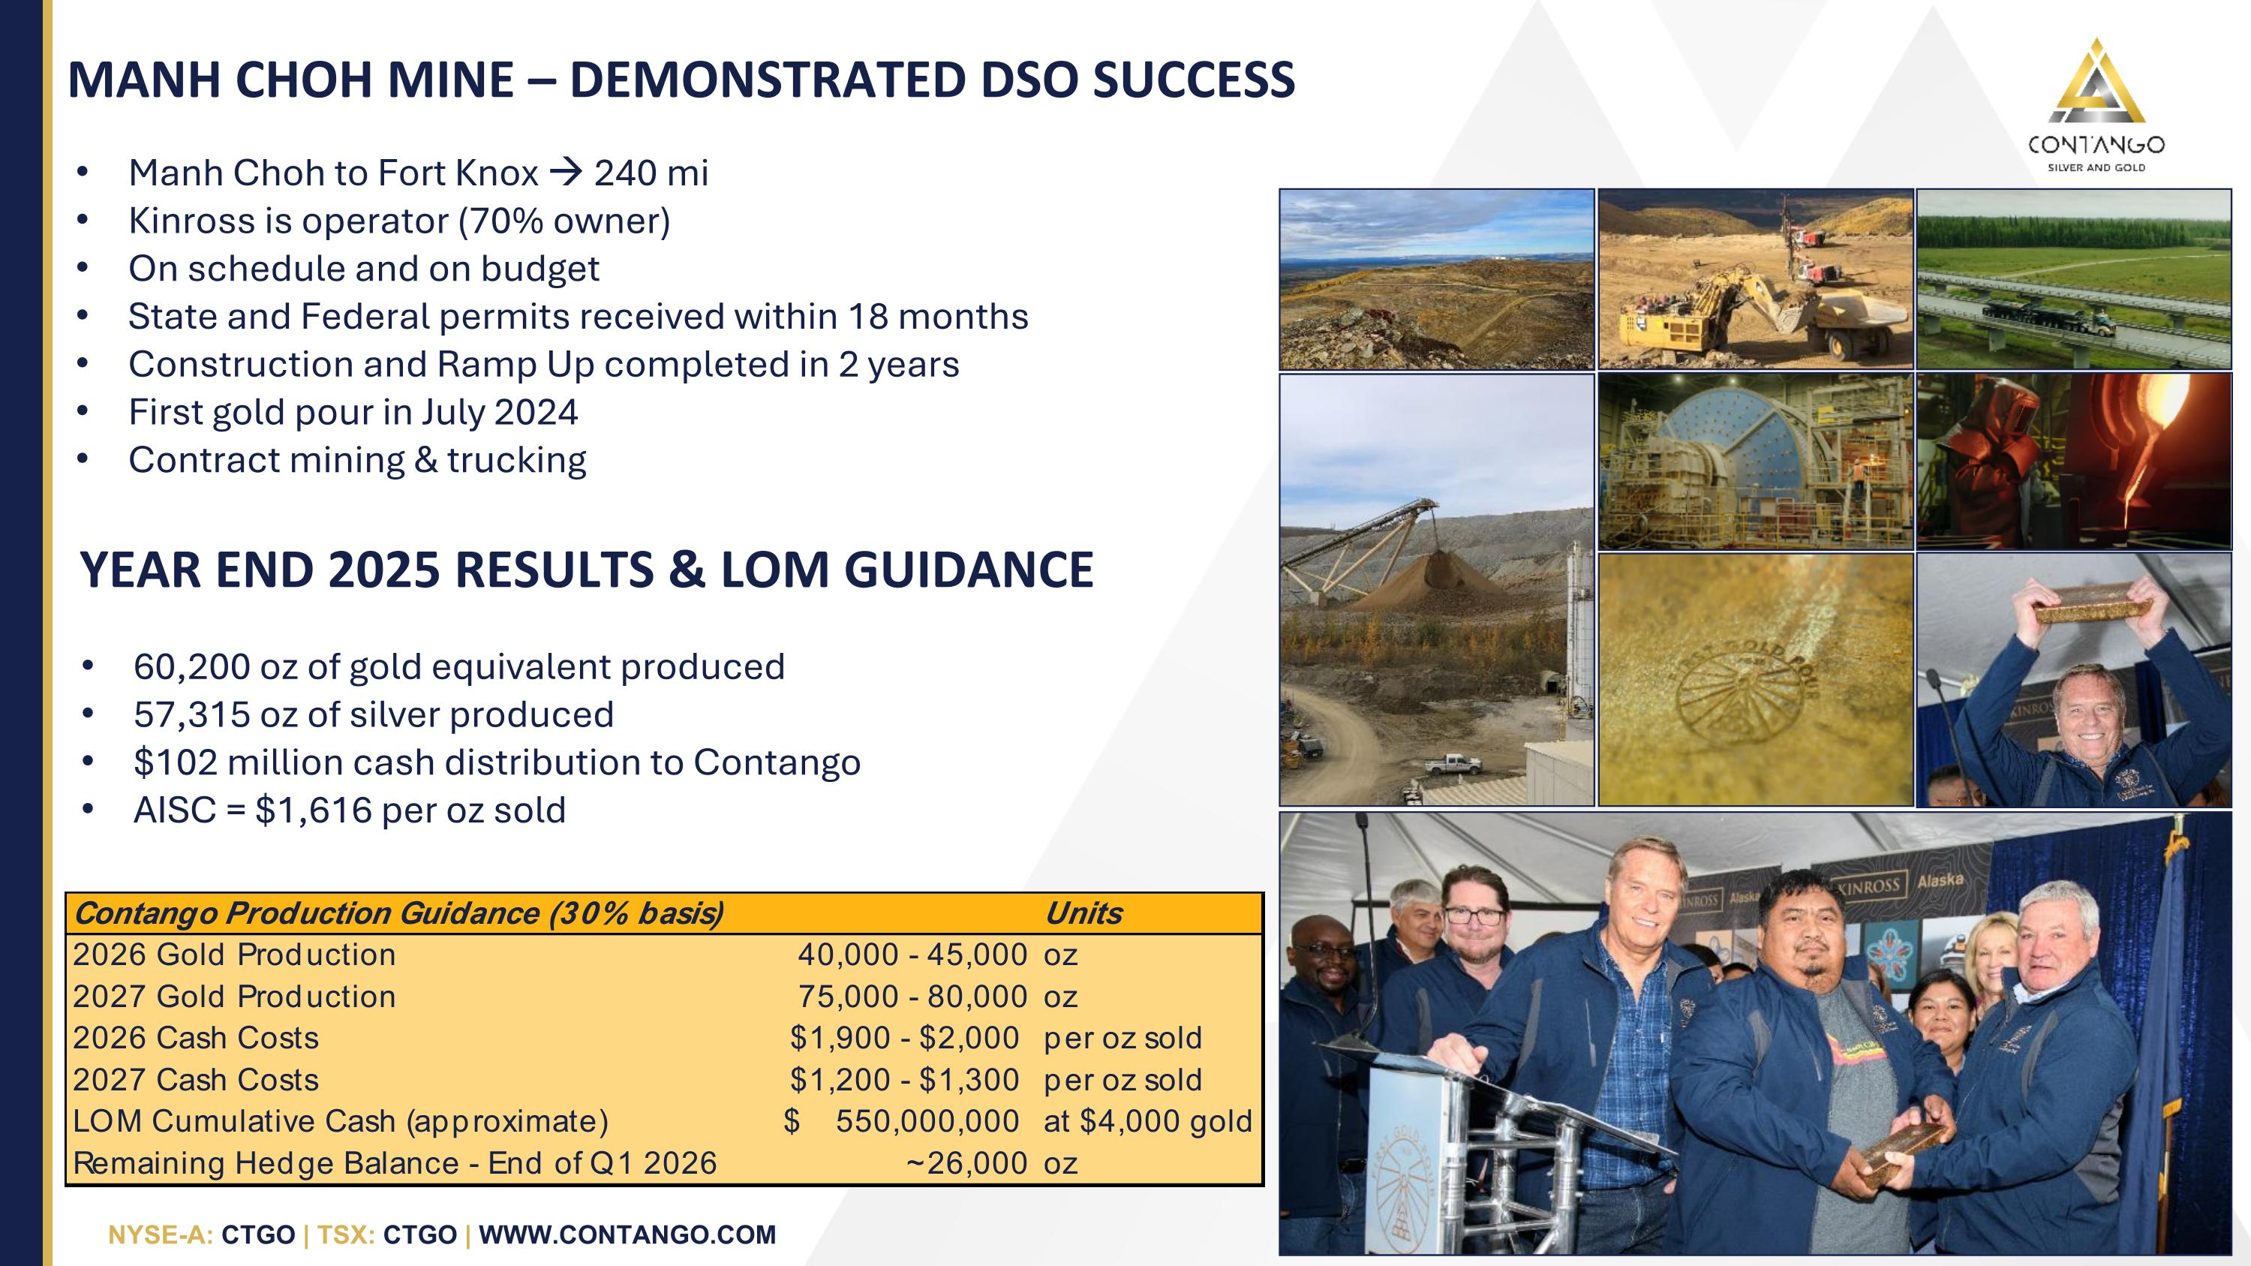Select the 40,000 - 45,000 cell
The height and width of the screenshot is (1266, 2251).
pyautogui.click(x=912, y=954)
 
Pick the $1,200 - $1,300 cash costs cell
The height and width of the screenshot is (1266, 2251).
pyautogui.click(x=904, y=1080)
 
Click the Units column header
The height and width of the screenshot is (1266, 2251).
pyautogui.click(x=1083, y=913)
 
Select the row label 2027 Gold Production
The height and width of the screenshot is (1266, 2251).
pyautogui.click(x=234, y=996)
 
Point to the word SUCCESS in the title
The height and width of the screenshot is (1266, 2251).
pyautogui.click(x=1194, y=80)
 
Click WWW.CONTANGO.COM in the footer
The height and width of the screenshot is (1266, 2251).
pyautogui.click(x=627, y=1234)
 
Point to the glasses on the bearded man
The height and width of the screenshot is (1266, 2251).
pyautogui.click(x=1475, y=916)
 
